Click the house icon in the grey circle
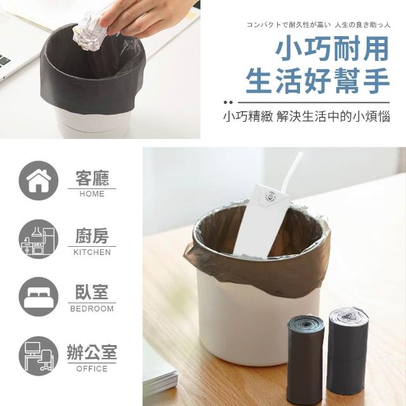pyautogui.click(x=39, y=180)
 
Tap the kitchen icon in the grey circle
pyautogui.click(x=39, y=239)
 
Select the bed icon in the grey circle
pyautogui.click(x=39, y=297)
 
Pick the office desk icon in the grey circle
pyautogui.click(x=39, y=356)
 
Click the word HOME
pyautogui.click(x=92, y=194)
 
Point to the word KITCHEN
pyautogui.click(x=92, y=252)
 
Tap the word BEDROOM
pyautogui.click(x=92, y=309)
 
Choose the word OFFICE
pyautogui.click(x=92, y=369)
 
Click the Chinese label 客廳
pyautogui.click(x=92, y=178)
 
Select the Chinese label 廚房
pyautogui.click(x=92, y=236)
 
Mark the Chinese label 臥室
pyautogui.click(x=92, y=292)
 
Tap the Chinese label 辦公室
pyautogui.click(x=92, y=352)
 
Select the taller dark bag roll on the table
pyautogui.click(x=348, y=350)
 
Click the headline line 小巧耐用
pyautogui.click(x=332, y=49)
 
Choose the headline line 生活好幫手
pyautogui.click(x=318, y=81)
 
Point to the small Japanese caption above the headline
pyautogui.click(x=318, y=25)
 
